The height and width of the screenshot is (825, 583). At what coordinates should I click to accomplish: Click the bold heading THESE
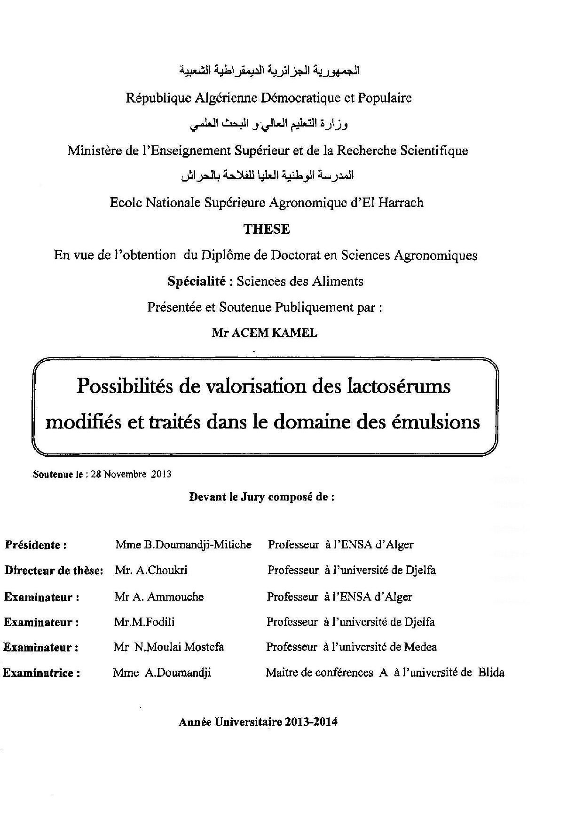pyautogui.click(x=267, y=229)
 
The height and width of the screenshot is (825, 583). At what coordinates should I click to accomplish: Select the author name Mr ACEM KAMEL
pyautogui.click(x=264, y=333)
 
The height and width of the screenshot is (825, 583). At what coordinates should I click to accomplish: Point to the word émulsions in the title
pyautogui.click(x=435, y=421)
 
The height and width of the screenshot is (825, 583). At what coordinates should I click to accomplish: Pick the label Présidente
pyautogui.click(x=36, y=545)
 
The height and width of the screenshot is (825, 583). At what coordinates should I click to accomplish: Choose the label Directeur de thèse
pyautogui.click(x=54, y=571)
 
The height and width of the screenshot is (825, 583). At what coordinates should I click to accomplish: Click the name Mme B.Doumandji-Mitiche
pyautogui.click(x=183, y=545)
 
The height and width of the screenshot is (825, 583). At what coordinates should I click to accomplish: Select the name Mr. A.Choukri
pyautogui.click(x=151, y=570)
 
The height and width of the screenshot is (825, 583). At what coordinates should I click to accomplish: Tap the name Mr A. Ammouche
pyautogui.click(x=159, y=597)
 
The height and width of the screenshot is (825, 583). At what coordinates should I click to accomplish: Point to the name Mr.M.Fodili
pyautogui.click(x=144, y=622)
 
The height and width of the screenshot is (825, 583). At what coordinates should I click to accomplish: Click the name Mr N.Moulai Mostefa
pyautogui.click(x=168, y=647)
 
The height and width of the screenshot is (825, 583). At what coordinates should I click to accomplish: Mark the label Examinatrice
pyautogui.click(x=41, y=673)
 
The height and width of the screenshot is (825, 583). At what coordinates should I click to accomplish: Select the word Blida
pyautogui.click(x=491, y=673)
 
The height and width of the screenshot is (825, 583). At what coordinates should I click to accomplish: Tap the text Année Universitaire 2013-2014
pyautogui.click(x=258, y=722)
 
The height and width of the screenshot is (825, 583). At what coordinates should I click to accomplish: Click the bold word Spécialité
pyautogui.click(x=197, y=281)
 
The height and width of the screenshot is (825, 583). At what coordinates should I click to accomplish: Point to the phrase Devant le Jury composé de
pyautogui.click(x=261, y=497)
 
